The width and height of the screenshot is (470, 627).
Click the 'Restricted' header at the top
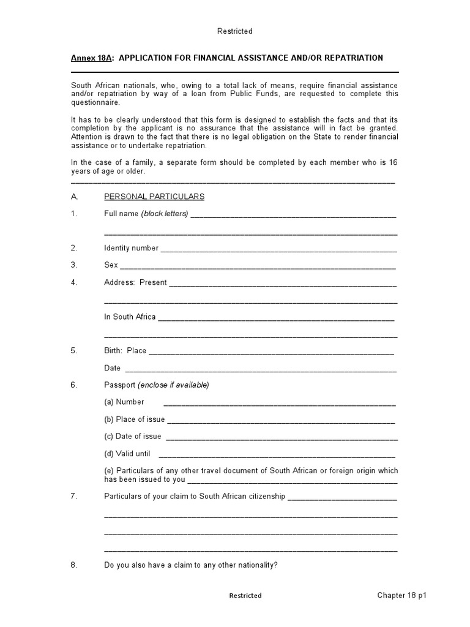pyautogui.click(x=235, y=31)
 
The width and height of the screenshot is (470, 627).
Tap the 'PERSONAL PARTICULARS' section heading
pyautogui.click(x=154, y=197)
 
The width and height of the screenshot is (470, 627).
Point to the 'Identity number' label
pyautogui.click(x=131, y=248)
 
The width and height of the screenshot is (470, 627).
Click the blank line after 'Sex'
pyautogui.click(x=257, y=266)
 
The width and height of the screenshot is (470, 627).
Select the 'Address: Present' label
pyautogui.click(x=135, y=282)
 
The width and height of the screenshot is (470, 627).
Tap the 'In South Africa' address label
pyautogui.click(x=130, y=317)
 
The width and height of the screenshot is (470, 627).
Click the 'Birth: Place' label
pyautogui.click(x=125, y=351)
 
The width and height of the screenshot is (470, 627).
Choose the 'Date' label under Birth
pyautogui.click(x=113, y=368)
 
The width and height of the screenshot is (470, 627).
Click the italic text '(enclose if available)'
pyautogui.click(x=173, y=385)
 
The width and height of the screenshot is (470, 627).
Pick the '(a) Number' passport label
pyautogui.click(x=124, y=402)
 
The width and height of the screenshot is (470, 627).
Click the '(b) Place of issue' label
pyautogui.click(x=135, y=419)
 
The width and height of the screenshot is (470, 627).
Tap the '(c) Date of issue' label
pyautogui.click(x=133, y=437)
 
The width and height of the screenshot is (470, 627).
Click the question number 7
pyautogui.click(x=74, y=497)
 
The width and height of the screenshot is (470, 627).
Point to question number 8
pyautogui.click(x=74, y=565)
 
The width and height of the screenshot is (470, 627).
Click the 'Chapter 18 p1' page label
pyautogui.click(x=401, y=595)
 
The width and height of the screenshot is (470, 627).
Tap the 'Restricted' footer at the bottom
pyautogui.click(x=245, y=596)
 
